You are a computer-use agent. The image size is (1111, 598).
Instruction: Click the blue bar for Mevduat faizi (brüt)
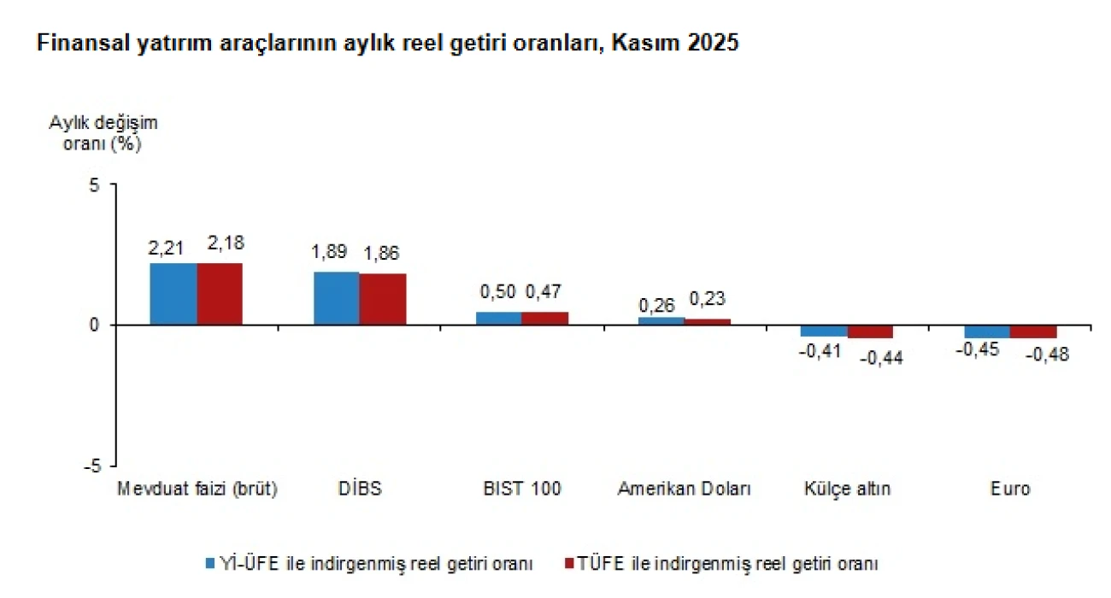173,294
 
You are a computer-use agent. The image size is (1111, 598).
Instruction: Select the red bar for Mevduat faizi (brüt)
220,294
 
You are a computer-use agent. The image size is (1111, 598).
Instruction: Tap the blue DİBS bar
337,298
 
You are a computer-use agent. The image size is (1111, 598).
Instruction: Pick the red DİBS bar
383,299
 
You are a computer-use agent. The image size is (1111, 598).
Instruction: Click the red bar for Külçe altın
870,331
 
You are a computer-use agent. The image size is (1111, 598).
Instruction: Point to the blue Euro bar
987,331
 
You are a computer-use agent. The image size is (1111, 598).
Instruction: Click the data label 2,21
166,249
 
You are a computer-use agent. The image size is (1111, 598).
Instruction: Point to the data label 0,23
707,299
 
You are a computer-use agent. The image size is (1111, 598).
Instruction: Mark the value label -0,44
880,358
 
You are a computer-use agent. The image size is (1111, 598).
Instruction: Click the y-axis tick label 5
94,185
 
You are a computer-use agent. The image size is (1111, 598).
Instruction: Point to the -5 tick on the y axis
91,466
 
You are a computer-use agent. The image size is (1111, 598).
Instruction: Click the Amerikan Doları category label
684,490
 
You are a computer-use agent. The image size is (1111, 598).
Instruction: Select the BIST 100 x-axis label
521,490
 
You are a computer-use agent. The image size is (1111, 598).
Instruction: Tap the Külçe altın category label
847,490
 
